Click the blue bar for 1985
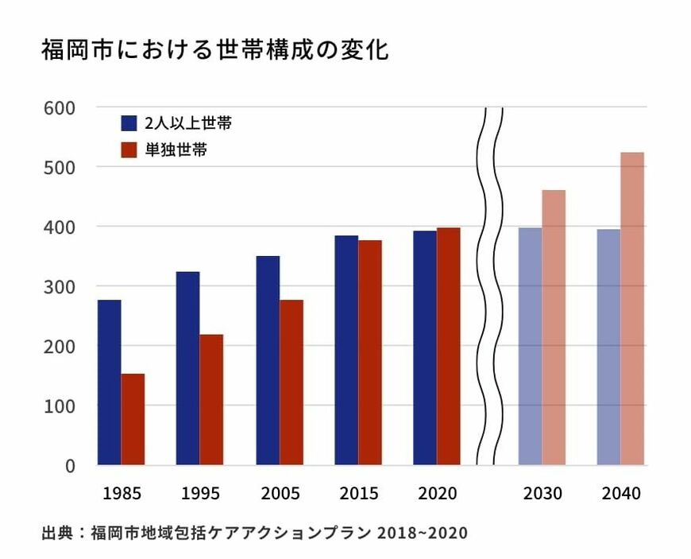pyautogui.click(x=109, y=382)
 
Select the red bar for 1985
pyautogui.click(x=133, y=419)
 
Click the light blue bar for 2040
pyautogui.click(x=608, y=347)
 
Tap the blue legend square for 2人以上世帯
pyautogui.click(x=129, y=123)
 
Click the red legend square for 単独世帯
pyautogui.click(x=129, y=149)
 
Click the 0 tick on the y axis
pyautogui.click(x=69, y=465)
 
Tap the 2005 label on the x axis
pyautogui.click(x=280, y=494)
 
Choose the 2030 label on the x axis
pyautogui.click(x=542, y=494)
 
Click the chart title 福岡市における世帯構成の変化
pyautogui.click(x=214, y=52)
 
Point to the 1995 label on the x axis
pyautogui.click(x=201, y=494)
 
